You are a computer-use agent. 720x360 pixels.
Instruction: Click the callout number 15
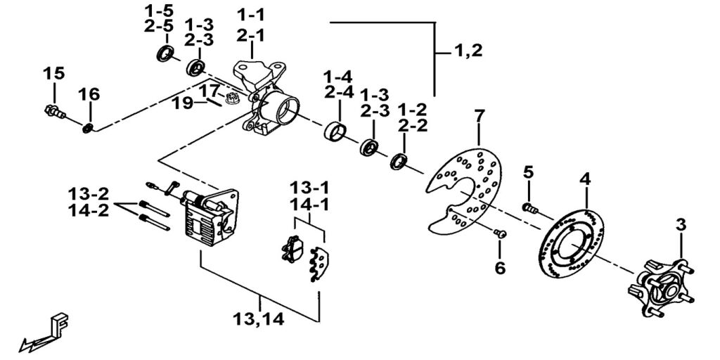point(53,73)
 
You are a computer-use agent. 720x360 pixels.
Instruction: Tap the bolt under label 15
point(55,111)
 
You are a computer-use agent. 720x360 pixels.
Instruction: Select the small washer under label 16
point(88,128)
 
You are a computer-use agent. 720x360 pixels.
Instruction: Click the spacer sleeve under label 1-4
point(335,131)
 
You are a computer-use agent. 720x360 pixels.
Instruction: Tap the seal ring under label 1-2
point(399,162)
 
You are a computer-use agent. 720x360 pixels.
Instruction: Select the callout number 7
point(480,117)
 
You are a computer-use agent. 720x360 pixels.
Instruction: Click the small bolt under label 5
point(530,208)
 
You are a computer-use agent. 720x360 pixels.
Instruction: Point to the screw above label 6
point(500,234)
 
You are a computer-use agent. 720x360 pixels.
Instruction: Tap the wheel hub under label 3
point(660,288)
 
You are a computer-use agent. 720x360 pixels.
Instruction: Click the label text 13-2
point(89,193)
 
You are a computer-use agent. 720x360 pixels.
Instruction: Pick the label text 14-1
point(309,205)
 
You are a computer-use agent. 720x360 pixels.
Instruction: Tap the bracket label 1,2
point(469,51)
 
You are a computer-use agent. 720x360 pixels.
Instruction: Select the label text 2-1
point(251,35)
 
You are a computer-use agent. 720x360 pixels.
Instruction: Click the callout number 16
point(89,95)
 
